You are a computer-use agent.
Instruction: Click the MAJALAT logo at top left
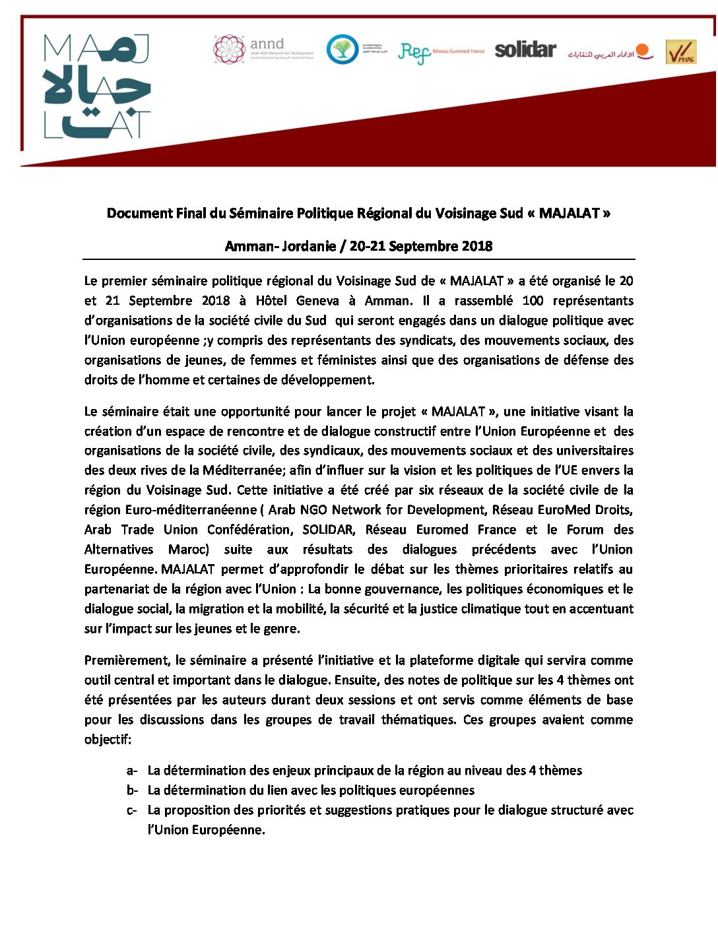[x=97, y=86]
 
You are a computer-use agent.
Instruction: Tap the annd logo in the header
[x=263, y=49]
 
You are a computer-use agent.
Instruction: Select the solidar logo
[x=525, y=49]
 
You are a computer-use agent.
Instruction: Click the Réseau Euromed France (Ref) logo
[x=441, y=51]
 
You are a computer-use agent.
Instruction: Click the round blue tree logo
[x=343, y=49]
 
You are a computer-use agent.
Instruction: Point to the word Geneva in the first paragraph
[x=317, y=300]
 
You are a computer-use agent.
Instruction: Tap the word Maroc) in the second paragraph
[x=189, y=550]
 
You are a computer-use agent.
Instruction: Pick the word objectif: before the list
[x=108, y=740]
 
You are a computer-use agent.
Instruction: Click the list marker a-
[x=132, y=771]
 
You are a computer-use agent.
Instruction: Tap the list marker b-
[x=132, y=790]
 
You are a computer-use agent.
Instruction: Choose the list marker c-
[x=132, y=810]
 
